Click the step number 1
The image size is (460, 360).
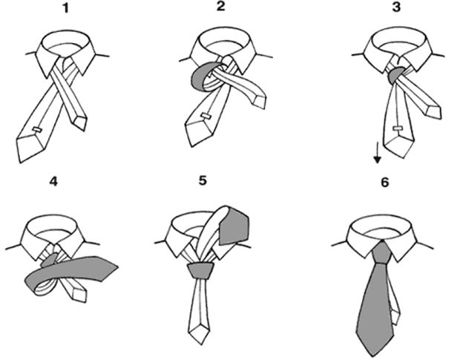click(x=66, y=8)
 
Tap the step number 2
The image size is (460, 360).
click(x=221, y=6)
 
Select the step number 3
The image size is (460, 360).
click(x=396, y=7)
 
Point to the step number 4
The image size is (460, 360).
click(x=53, y=182)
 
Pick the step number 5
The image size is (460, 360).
click(x=203, y=180)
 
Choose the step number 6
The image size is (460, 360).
click(x=384, y=183)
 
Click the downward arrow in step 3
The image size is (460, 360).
click(x=377, y=152)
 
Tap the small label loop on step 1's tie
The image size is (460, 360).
click(x=38, y=129)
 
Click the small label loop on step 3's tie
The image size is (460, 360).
click(x=397, y=128)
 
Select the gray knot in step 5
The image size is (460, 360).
click(x=200, y=271)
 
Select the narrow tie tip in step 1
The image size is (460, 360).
click(x=83, y=131)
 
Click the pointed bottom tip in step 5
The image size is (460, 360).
click(x=200, y=344)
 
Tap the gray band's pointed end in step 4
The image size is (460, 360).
click(x=118, y=266)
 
